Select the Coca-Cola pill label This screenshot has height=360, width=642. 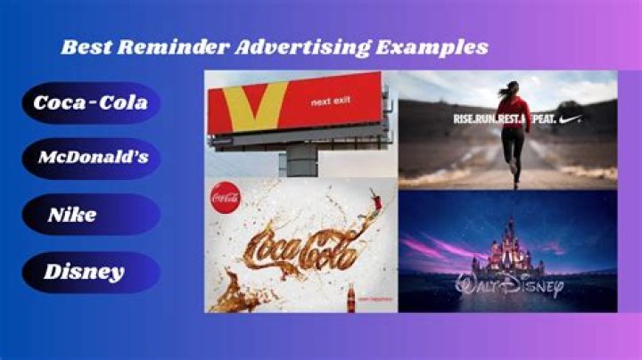pos(91,103)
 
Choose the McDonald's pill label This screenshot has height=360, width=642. pos(93,159)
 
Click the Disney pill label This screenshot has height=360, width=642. pos(84,272)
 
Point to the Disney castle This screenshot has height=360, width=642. pos(507,248)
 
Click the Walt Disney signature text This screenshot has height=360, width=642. pos(509,287)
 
